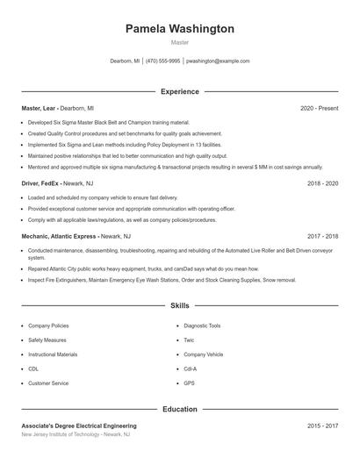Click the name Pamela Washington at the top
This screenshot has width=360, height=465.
click(180, 29)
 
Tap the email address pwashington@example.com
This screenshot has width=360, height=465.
click(218, 61)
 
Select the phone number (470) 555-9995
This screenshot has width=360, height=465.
click(163, 61)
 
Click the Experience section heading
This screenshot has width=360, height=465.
click(180, 91)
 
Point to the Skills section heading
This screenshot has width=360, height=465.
click(180, 305)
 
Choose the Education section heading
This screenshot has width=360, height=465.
click(180, 409)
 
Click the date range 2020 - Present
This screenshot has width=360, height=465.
click(319, 108)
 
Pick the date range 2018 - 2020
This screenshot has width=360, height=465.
click(322, 184)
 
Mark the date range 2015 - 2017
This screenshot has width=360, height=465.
click(322, 426)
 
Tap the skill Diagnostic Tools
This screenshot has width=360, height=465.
click(202, 325)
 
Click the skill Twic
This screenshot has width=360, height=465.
click(189, 340)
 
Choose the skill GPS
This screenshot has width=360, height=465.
click(189, 383)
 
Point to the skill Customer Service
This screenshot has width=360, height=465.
click(48, 383)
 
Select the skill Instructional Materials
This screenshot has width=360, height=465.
click(53, 354)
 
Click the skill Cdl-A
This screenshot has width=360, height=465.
click(191, 369)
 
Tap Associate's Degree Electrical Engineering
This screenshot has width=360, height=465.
click(79, 426)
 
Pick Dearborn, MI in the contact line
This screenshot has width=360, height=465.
click(125, 61)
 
